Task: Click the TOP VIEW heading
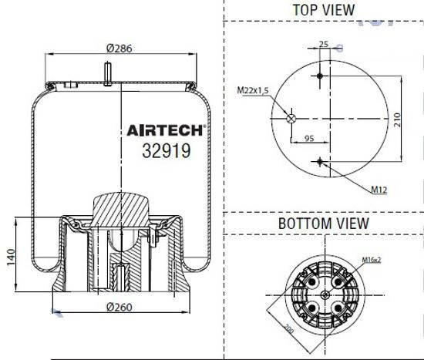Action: click(x=323, y=10)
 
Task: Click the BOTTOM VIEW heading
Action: click(x=323, y=224)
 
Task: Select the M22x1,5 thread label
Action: click(x=251, y=91)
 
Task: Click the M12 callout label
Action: click(x=378, y=190)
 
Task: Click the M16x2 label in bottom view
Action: click(x=373, y=260)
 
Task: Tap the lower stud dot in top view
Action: click(x=320, y=161)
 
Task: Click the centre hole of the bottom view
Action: click(x=324, y=296)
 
